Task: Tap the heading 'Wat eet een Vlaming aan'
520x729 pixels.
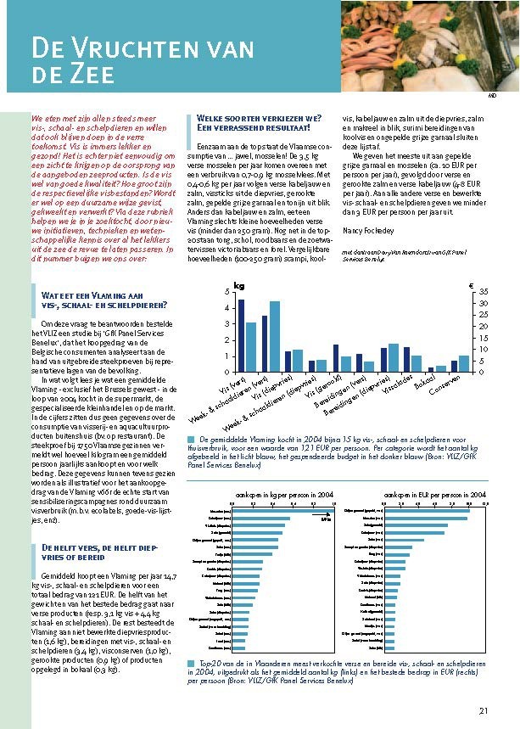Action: click(x=93, y=292)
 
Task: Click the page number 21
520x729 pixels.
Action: click(x=484, y=711)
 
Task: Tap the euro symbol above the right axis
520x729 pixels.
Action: click(x=471, y=286)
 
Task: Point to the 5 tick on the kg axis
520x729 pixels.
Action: click(x=226, y=292)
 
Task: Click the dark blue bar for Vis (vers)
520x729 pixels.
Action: click(x=241, y=335)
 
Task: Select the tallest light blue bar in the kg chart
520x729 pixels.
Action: click(x=274, y=337)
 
